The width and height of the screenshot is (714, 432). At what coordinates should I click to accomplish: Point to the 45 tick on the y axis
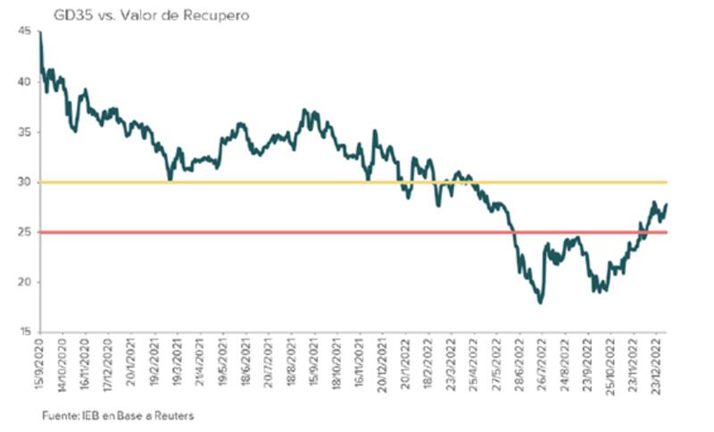click(x=23, y=31)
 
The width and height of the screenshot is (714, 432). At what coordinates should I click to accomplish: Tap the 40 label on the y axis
click(x=23, y=81)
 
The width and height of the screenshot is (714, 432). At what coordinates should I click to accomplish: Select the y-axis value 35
click(x=23, y=131)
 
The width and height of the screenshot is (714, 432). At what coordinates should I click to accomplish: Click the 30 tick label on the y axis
click(x=23, y=182)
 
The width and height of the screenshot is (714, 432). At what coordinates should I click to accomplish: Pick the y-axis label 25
click(x=23, y=232)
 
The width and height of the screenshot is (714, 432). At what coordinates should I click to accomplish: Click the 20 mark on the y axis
click(x=23, y=282)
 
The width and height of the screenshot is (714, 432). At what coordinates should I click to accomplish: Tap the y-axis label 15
click(x=23, y=332)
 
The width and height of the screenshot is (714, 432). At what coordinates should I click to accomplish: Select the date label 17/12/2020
click(x=111, y=364)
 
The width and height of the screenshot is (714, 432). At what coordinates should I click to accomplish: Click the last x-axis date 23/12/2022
click(x=660, y=364)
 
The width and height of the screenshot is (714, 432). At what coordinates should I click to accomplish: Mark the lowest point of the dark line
click(x=540, y=303)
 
